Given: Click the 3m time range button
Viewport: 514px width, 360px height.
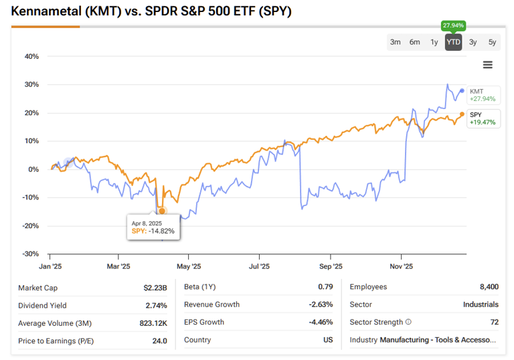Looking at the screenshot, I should pos(395,42).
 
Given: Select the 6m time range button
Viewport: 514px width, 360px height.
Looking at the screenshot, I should pos(414,42).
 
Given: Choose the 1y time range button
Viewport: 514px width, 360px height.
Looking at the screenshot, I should pos(434,42).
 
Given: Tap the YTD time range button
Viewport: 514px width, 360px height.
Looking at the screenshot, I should pos(453,42).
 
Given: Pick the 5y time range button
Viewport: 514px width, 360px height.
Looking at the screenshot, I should pos(492,42).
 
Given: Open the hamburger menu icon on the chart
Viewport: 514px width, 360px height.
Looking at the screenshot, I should pos(487,65).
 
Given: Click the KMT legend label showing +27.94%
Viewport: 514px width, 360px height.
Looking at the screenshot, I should pos(482,95).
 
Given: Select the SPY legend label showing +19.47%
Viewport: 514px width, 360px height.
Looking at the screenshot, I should pos(482,118).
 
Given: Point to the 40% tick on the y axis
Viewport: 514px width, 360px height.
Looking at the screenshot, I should pos(31,56).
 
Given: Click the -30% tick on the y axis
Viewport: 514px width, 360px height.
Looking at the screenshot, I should pos(30,254).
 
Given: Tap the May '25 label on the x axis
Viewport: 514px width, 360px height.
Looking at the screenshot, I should pos(189,266).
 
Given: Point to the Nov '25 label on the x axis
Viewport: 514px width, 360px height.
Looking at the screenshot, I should pos(401,266).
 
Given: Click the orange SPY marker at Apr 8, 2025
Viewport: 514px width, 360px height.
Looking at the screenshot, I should pos(162,211).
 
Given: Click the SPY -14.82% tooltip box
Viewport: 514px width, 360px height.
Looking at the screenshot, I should pos(153,227).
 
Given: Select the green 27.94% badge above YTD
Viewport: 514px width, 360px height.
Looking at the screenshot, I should pos(453,25).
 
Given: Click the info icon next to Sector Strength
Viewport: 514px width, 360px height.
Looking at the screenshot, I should pos(408,323).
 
